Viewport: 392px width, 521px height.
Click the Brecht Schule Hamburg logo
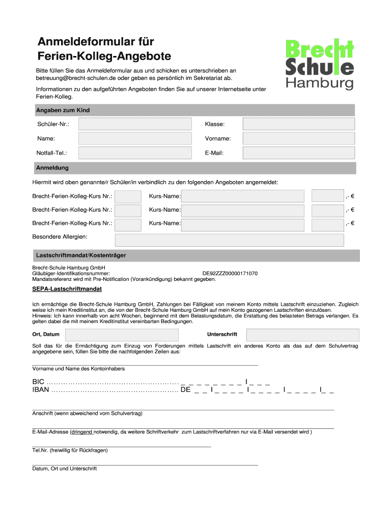pyautogui.click(x=319, y=65)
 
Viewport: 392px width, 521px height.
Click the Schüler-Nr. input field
pyautogui.click(x=135, y=124)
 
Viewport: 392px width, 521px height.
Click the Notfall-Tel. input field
pyautogui.click(x=135, y=153)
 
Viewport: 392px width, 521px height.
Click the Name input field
pyautogui.click(x=135, y=138)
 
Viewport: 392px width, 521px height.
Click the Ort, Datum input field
pyautogui.click(x=122, y=334)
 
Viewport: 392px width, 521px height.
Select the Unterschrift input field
pyautogui.click(x=303, y=334)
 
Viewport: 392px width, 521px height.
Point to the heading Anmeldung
pyautogui.click(x=52, y=167)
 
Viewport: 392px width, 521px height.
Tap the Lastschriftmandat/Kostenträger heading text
pyautogui.click(x=81, y=254)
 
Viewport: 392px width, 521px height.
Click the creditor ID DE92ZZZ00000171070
pyautogui.click(x=230, y=273)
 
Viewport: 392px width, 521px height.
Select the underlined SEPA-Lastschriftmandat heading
pyautogui.click(x=67, y=289)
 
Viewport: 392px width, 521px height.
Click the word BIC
pyautogui.click(x=38, y=382)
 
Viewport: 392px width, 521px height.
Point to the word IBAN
pyautogui.click(x=41, y=390)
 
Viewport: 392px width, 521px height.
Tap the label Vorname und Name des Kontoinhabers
pyautogui.click(x=78, y=368)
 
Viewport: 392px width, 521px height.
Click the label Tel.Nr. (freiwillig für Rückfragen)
pyautogui.click(x=70, y=450)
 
